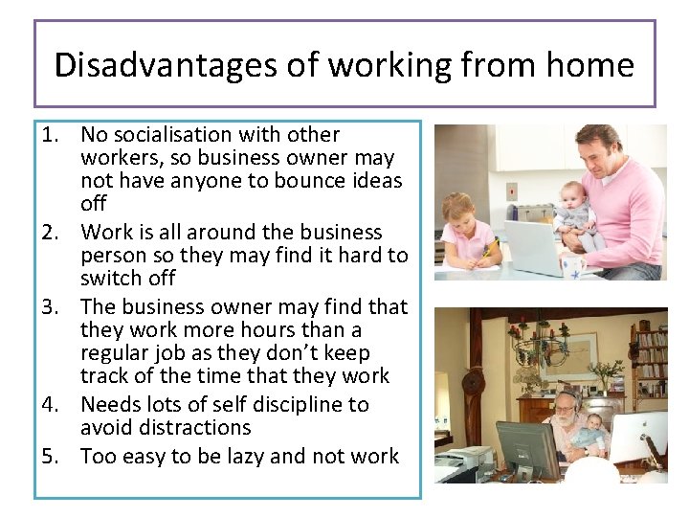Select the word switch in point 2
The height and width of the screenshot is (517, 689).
click(x=114, y=279)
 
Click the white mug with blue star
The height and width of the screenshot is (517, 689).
click(x=573, y=269)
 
